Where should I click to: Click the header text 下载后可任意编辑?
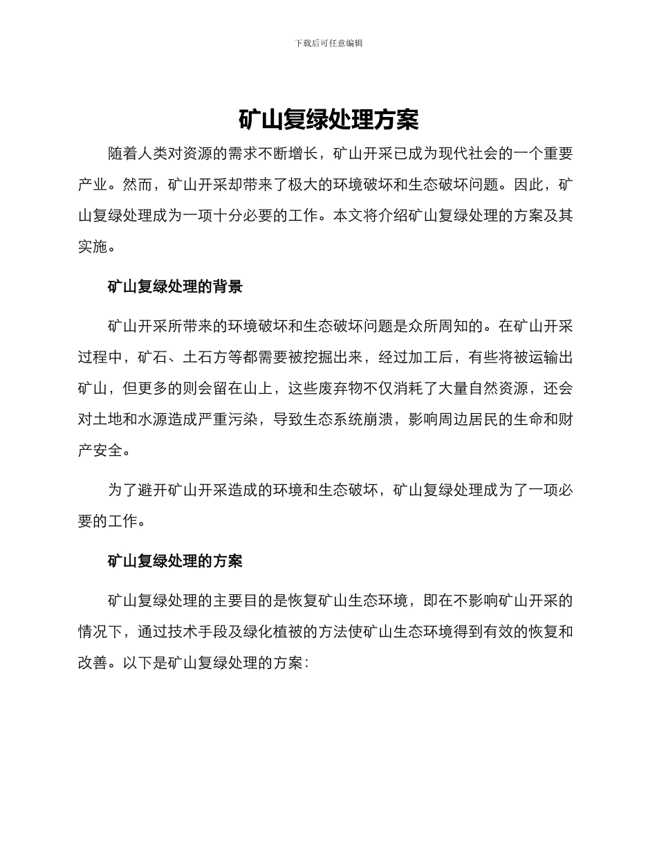coord(328,43)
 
